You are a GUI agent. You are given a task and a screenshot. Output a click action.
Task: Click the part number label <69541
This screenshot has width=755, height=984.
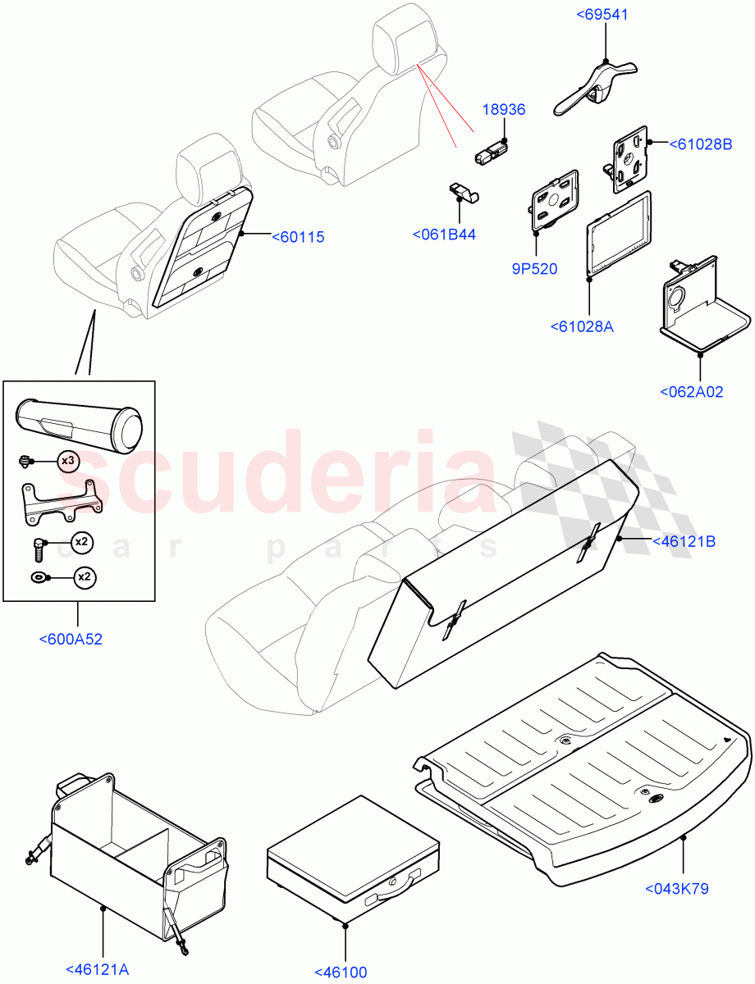(605, 14)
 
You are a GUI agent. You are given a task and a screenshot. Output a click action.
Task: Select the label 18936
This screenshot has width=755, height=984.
(504, 110)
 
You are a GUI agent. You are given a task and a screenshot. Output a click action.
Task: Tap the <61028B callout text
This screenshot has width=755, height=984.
(700, 144)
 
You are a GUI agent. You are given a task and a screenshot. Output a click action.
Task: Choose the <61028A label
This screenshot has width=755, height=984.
(583, 327)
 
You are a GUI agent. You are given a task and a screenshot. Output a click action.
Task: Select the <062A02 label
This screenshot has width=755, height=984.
(691, 392)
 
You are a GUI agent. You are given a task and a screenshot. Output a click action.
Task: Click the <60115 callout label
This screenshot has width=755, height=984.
(298, 237)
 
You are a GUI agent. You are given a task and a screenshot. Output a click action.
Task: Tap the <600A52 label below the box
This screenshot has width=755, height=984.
(71, 640)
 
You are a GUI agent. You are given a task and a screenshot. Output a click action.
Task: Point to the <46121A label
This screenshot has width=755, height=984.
(97, 971)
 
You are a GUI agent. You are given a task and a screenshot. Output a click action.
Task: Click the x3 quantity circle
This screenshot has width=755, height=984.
(68, 461)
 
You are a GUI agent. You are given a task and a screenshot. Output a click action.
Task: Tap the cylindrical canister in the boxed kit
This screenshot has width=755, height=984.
(79, 420)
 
